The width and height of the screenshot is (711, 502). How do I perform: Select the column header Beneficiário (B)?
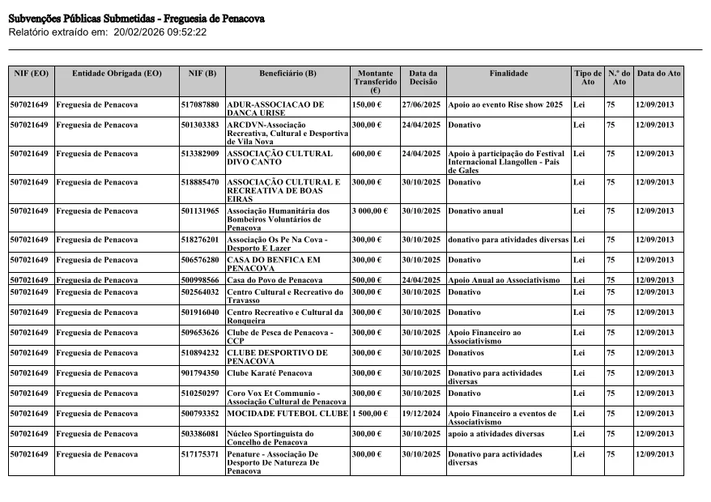[287, 74]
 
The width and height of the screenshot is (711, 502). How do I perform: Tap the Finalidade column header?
[509, 74]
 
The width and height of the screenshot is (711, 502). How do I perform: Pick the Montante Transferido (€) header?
[375, 82]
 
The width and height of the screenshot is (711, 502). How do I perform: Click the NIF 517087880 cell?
[200, 105]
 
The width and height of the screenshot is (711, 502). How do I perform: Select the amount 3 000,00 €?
[370, 211]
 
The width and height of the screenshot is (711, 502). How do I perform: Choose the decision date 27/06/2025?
[422, 105]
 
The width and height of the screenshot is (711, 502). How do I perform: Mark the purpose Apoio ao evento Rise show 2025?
[505, 105]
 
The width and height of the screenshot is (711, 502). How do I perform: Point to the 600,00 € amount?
[366, 153]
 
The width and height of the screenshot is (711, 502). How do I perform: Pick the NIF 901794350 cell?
[200, 373]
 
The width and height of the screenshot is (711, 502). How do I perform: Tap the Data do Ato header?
[658, 74]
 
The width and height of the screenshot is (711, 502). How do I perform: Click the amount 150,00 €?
[366, 105]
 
